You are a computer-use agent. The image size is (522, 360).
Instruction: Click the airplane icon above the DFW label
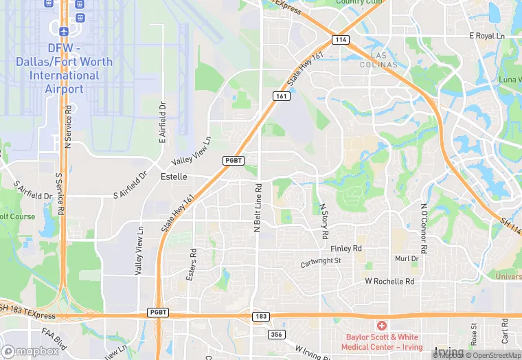pyautogui.click(x=65, y=32)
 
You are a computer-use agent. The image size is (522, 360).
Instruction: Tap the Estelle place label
pyautogui.click(x=173, y=177)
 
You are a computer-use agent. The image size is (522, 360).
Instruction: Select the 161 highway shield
pyautogui.click(x=280, y=96)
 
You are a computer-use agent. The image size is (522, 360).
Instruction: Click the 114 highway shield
pyautogui.click(x=341, y=40)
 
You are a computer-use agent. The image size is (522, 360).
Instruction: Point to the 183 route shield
pyautogui.click(x=260, y=316)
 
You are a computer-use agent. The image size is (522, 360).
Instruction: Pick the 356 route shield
pyautogui.click(x=275, y=334)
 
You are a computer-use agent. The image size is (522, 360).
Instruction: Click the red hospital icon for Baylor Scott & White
pyautogui.click(x=381, y=324)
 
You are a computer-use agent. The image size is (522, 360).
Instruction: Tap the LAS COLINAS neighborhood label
pyautogui.click(x=384, y=59)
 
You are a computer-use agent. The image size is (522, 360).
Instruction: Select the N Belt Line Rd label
pyautogui.click(x=258, y=206)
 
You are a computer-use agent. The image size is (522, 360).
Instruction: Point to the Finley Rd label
pyautogui.click(x=345, y=248)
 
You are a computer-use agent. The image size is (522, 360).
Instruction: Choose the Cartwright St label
pyautogui.click(x=321, y=262)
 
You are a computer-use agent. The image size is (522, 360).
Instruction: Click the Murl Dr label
pyautogui.click(x=406, y=259)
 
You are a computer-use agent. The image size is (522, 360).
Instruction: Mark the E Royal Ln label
pyautogui.click(x=486, y=35)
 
